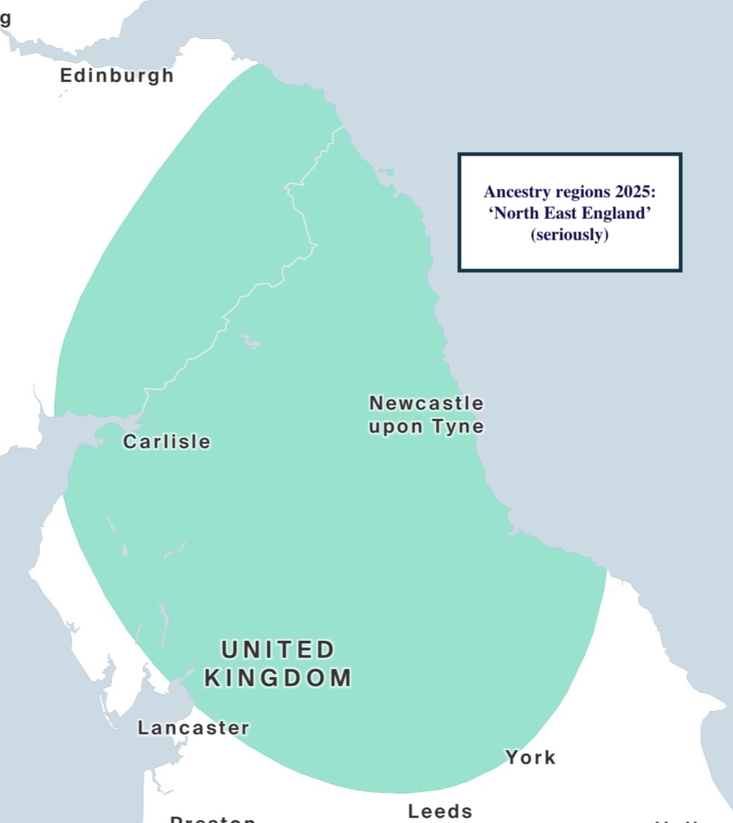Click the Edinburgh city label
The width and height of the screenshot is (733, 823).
117,75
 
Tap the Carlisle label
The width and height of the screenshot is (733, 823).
167,442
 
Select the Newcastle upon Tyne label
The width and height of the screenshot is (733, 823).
426,415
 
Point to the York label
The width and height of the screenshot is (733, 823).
530,757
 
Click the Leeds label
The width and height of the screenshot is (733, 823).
440,811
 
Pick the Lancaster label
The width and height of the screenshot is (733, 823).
193,728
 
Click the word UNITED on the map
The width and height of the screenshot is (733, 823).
279,650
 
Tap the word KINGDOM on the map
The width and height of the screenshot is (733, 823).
278,678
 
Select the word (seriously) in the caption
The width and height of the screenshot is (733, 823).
569,236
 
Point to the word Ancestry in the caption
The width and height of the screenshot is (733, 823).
514,192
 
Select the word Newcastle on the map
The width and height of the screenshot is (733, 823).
426,403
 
